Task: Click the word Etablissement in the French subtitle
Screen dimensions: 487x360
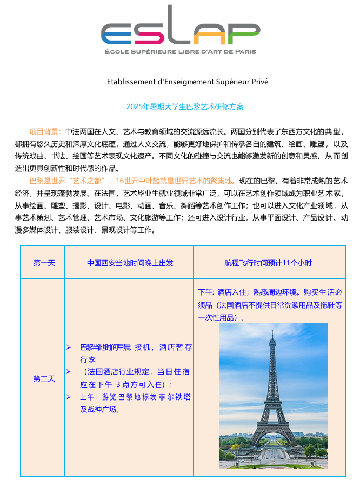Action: pos(131,82)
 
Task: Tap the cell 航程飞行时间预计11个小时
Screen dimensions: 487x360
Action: pos(268,263)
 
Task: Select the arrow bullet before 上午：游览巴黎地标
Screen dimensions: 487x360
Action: pos(68,397)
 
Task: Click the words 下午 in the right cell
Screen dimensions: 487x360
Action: pos(206,292)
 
